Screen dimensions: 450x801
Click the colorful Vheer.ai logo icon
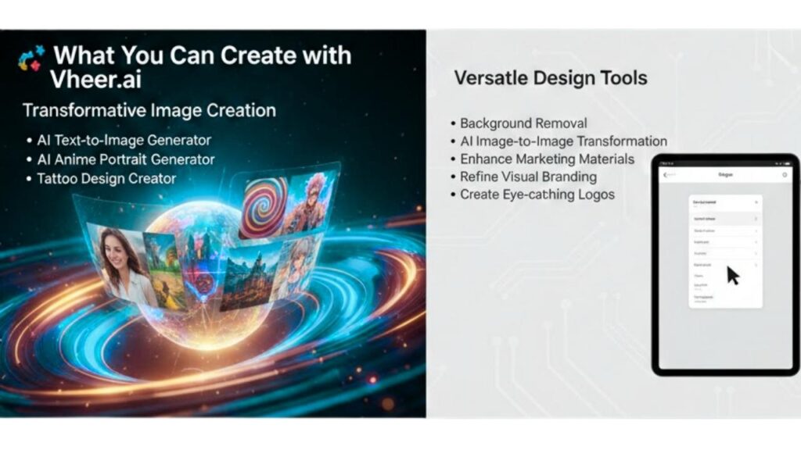(x=32, y=58)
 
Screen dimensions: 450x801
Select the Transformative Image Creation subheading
(x=149, y=110)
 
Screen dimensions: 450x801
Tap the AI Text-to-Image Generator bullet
(x=124, y=141)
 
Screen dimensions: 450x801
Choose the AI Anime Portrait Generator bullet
(x=125, y=159)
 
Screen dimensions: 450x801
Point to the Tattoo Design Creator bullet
(x=106, y=178)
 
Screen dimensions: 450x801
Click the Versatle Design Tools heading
(x=551, y=77)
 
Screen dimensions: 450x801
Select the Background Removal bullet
(x=523, y=123)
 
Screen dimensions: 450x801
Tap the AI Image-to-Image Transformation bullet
(x=562, y=141)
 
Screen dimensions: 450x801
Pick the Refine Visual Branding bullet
(x=528, y=177)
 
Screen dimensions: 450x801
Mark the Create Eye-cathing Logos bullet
(x=537, y=195)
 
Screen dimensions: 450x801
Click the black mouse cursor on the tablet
(x=733, y=276)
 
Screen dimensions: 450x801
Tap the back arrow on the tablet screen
(x=665, y=175)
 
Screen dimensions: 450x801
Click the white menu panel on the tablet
(x=725, y=250)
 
